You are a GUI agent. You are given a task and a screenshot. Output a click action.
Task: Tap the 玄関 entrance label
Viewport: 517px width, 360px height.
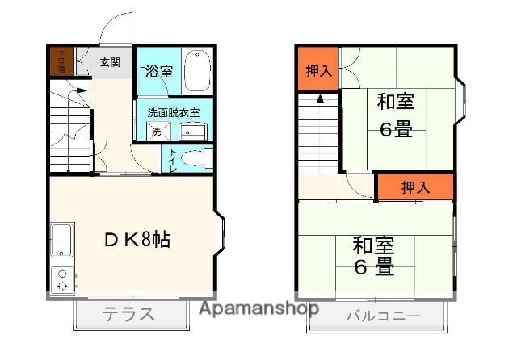[110, 62]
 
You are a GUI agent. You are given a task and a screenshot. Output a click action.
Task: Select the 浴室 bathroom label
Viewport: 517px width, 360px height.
[158, 71]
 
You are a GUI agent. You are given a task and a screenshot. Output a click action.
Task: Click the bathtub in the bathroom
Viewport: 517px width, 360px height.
[197, 71]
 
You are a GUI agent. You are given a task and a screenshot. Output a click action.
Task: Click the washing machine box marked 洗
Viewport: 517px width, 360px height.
[155, 131]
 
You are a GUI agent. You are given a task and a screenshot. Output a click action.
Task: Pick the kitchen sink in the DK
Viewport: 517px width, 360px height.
[61, 240]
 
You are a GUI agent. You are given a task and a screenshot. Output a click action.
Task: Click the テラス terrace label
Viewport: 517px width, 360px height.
[128, 314]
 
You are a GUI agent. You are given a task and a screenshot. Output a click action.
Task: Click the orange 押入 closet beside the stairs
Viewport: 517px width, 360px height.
[318, 70]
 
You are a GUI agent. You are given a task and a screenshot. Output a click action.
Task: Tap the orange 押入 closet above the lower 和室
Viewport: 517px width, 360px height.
[415, 187]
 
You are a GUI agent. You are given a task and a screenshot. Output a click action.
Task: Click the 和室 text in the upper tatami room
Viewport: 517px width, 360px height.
[396, 102]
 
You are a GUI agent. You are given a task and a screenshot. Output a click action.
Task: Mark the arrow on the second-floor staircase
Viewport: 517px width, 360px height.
[321, 99]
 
